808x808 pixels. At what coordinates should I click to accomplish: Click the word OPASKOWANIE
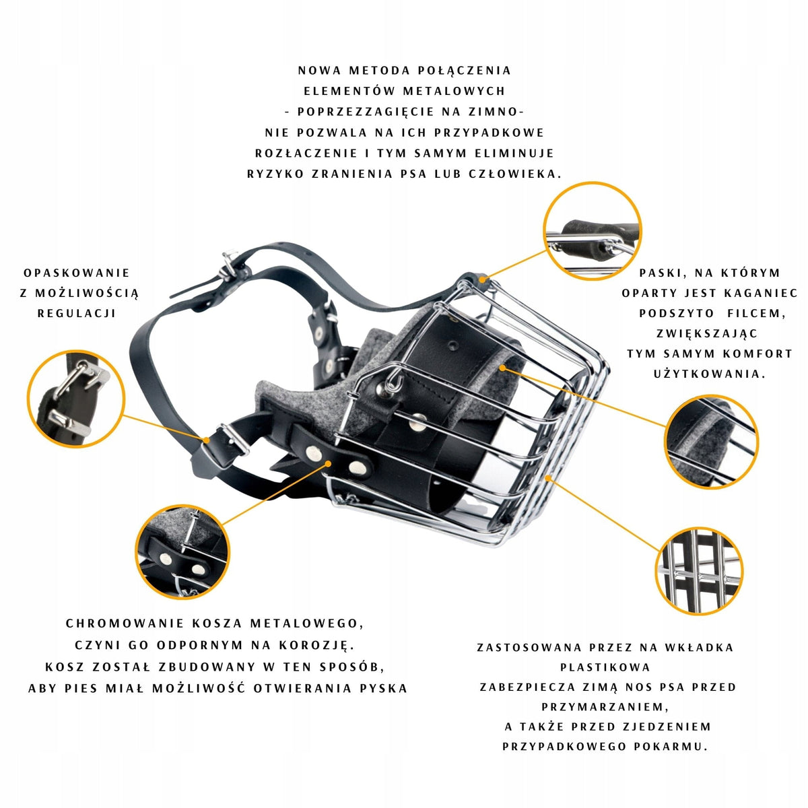[77, 273]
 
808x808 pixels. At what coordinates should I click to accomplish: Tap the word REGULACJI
[77, 313]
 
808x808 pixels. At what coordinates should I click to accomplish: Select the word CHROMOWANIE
[125, 624]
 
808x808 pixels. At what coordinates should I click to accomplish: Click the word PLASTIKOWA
[605, 667]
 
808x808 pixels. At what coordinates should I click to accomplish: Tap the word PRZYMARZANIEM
[605, 707]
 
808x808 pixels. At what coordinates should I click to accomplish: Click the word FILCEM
[755, 313]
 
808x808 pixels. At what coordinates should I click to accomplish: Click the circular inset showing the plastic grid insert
[699, 571]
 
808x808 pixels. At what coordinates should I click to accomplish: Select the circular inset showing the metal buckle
[76, 399]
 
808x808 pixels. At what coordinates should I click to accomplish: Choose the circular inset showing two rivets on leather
[182, 552]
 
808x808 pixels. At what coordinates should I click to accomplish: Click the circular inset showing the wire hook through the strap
[593, 231]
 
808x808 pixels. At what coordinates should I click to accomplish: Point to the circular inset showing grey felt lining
[712, 442]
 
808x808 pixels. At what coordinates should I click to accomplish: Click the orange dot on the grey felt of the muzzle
[502, 368]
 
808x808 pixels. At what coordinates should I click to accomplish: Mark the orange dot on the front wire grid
[547, 477]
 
